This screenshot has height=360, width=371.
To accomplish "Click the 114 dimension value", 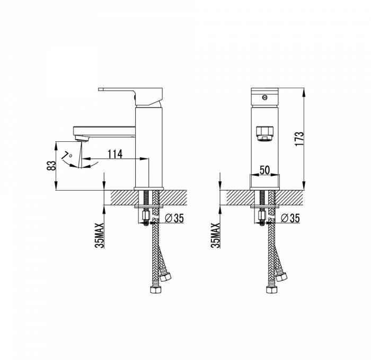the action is tap(115, 154).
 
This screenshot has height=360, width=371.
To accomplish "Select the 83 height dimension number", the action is tap(51, 166).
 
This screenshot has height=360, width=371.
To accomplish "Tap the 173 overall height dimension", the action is tap(299, 139).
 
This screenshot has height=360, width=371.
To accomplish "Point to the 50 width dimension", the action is tap(265, 170).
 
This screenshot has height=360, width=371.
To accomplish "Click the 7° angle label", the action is tap(67, 156).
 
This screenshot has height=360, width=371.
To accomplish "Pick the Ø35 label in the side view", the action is tap(174, 218).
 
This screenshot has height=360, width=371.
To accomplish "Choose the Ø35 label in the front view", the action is tap(290, 218).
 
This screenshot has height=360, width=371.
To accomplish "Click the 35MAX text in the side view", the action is tap(100, 236).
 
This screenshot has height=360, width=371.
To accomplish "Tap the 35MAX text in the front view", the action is tap(215, 236).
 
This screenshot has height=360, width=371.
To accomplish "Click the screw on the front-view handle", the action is tap(265, 97).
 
